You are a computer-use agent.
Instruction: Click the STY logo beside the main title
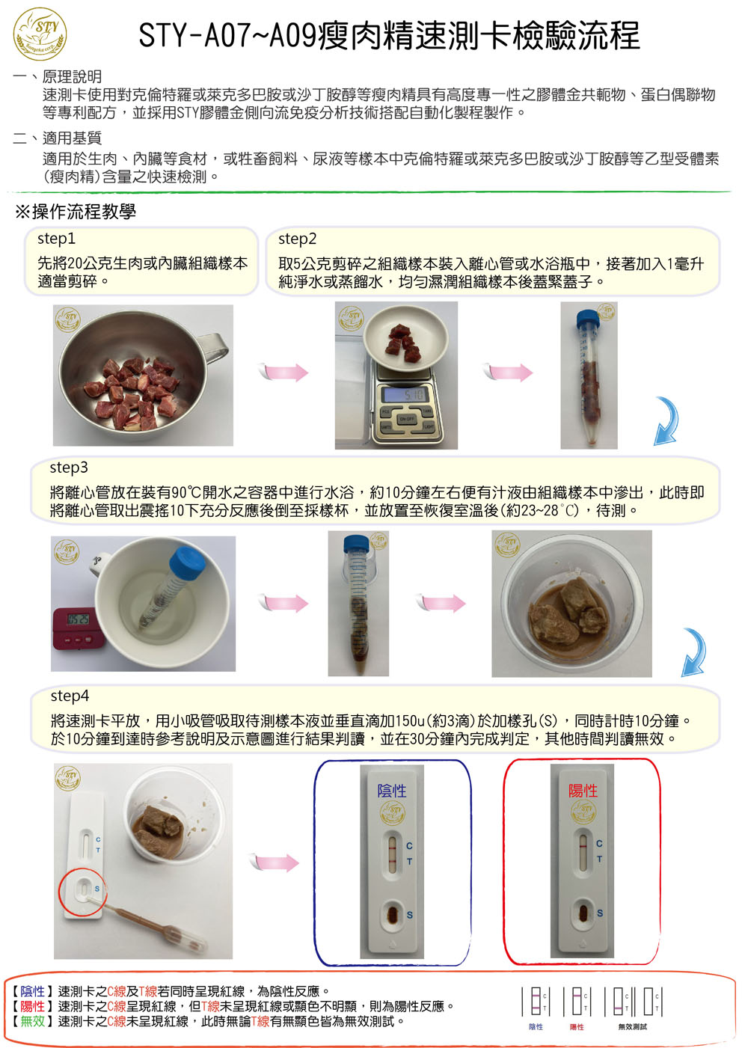pyautogui.click(x=40, y=34)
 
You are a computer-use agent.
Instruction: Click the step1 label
pyautogui.click(x=56, y=239)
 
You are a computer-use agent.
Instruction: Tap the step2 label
pyautogui.click(x=297, y=239)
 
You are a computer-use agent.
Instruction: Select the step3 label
pyautogui.click(x=69, y=468)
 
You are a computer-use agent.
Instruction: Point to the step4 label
pyautogui.click(x=70, y=696)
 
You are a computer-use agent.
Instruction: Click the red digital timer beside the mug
pyautogui.click(x=75, y=628)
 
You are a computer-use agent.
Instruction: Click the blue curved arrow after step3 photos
pyautogui.click(x=695, y=652)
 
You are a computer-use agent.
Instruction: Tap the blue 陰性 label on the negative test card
pyautogui.click(x=392, y=791)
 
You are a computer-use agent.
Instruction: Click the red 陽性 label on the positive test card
pyautogui.click(x=583, y=791)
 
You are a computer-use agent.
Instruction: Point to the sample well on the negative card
pyautogui.click(x=393, y=913)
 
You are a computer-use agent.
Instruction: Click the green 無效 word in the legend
pyautogui.click(x=32, y=1020)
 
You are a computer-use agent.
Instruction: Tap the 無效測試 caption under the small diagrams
pyautogui.click(x=633, y=1026)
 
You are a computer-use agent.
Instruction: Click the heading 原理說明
pyautogui.click(x=72, y=76)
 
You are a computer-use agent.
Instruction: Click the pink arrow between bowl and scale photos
pyautogui.click(x=283, y=373)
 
